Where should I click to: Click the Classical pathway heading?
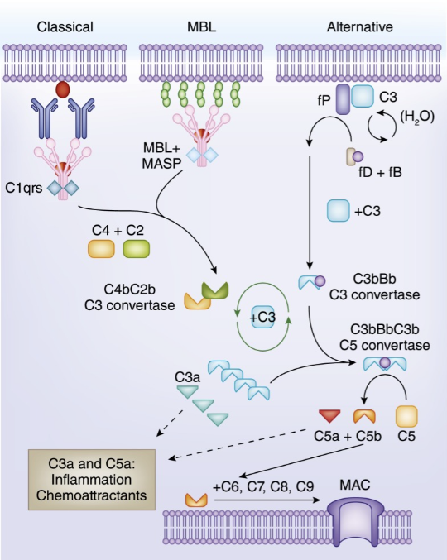tap(65, 26)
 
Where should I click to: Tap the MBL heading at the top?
tap(201, 26)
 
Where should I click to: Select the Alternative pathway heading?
tap(360, 26)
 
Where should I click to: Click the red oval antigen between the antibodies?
tap(63, 89)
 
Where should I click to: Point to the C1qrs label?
tap(23, 188)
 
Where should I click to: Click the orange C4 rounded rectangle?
tap(101, 249)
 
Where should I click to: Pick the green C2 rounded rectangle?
tap(136, 249)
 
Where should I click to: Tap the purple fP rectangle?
tap(343, 99)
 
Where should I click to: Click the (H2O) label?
tap(417, 117)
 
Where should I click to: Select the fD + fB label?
tap(380, 173)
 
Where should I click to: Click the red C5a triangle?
tap(329, 416)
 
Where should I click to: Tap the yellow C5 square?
tap(406, 416)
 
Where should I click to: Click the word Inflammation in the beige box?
tap(92, 479)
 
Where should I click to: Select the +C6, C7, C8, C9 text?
tap(263, 486)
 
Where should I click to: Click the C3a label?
tap(187, 377)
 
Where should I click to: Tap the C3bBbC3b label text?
tap(384, 329)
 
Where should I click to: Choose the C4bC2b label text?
tap(129, 290)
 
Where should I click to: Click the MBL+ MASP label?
tap(162, 156)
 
